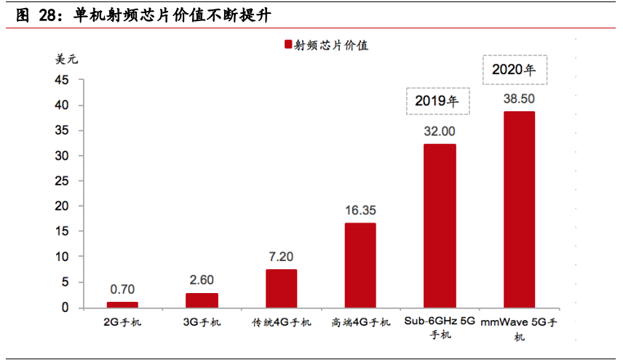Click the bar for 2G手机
[x=122, y=305]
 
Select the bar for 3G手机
[x=202, y=300]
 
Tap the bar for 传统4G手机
[x=281, y=289]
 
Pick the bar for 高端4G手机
[x=360, y=265]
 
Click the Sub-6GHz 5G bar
[x=440, y=225]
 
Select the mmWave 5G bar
[x=519, y=209]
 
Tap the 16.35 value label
[x=360, y=210]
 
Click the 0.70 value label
[x=122, y=289]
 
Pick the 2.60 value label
[x=202, y=280]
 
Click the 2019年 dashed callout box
[x=437, y=100]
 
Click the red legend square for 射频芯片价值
[x=287, y=45]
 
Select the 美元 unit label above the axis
[x=66, y=60]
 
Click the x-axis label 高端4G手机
[x=360, y=322]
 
